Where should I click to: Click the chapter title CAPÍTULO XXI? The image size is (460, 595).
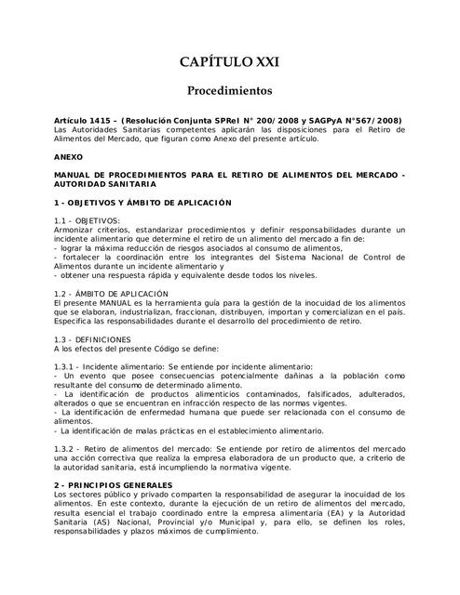coord(229,62)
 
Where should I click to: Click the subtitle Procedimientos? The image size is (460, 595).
coord(229,92)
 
